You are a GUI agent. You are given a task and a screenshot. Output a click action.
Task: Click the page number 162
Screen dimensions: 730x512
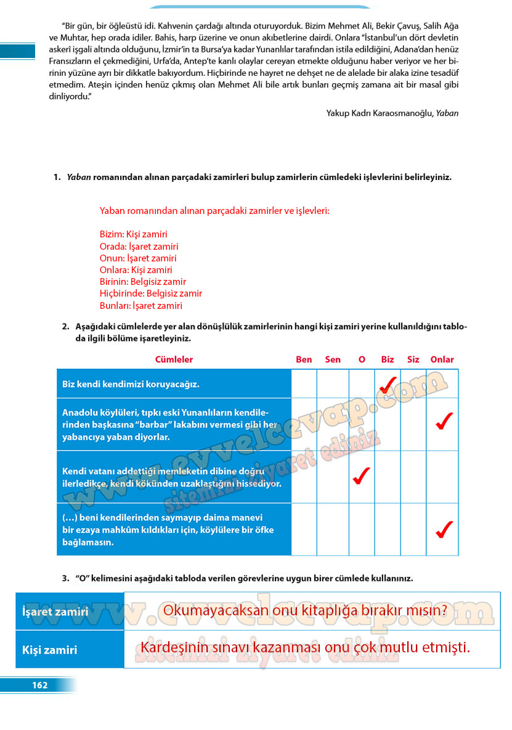click(x=39, y=685)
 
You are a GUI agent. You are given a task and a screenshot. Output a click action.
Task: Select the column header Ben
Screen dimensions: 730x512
click(x=304, y=359)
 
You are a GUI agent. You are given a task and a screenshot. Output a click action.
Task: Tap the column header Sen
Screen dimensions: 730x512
click(x=332, y=359)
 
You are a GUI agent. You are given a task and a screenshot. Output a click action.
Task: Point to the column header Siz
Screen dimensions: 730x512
click(x=413, y=359)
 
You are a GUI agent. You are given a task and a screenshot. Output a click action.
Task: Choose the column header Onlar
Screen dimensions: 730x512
click(x=442, y=359)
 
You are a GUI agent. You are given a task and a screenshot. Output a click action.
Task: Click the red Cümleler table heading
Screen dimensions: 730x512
click(x=174, y=359)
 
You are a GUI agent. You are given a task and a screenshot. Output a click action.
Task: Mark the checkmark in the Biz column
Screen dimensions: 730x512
click(x=388, y=385)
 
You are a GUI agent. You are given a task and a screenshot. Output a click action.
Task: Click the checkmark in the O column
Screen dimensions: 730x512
click(x=361, y=476)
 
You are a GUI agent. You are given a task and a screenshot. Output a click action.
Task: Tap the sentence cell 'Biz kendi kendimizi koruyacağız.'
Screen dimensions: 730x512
click(x=131, y=384)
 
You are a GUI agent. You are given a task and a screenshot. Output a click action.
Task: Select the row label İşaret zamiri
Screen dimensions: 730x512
click(x=55, y=612)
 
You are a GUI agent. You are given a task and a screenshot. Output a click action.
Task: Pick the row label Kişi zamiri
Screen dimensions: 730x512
click(x=50, y=650)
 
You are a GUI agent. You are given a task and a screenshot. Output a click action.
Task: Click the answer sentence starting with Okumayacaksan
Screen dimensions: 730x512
click(x=305, y=610)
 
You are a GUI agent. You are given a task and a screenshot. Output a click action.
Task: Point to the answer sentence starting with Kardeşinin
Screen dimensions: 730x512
click(x=305, y=648)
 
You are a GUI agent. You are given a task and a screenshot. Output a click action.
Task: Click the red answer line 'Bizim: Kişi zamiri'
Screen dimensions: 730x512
click(x=133, y=234)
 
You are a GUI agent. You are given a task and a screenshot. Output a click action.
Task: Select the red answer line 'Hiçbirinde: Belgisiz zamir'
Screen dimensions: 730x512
click(x=150, y=293)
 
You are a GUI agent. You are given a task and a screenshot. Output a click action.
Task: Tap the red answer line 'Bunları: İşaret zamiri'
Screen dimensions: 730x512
click(x=140, y=305)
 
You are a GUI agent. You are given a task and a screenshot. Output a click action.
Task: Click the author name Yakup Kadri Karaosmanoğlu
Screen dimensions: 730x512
click(x=380, y=113)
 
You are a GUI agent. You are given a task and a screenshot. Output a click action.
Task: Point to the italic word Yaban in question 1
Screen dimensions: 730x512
click(x=79, y=178)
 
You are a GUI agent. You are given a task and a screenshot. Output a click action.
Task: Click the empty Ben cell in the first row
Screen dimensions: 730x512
click(x=304, y=383)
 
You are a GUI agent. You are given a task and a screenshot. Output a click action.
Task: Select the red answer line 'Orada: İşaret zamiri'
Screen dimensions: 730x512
click(x=139, y=247)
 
